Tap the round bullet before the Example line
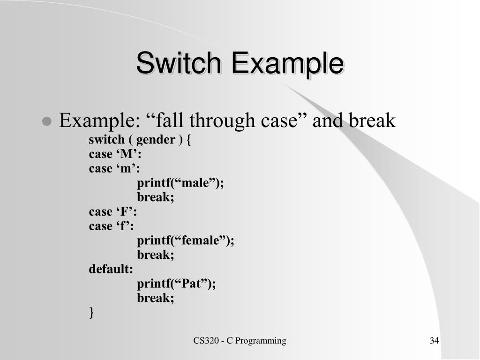coord(46,122)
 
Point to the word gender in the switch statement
coord(156,140)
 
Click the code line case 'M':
coord(115,154)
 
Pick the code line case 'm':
coord(114,168)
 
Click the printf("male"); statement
coord(180,183)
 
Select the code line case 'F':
coord(112,212)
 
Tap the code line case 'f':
coord(111,226)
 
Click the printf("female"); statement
coord(185,240)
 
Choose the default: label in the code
coord(111,269)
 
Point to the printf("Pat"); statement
coord(176,284)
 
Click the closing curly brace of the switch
coord(91,313)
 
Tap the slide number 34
coord(434,341)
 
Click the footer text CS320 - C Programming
coord(240,341)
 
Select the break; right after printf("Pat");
coord(155,298)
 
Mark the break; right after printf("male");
coord(155,197)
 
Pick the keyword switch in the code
coord(107,140)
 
